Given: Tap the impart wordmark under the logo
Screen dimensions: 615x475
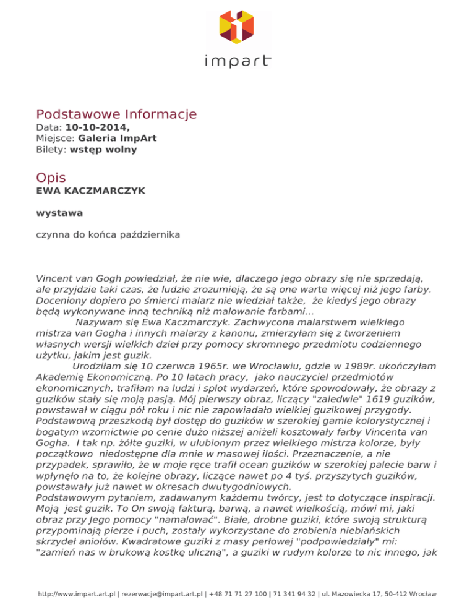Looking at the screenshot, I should (238, 61).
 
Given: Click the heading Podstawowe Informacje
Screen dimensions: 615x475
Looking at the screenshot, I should (116, 114).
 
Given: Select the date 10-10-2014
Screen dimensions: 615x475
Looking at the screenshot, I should (97, 128).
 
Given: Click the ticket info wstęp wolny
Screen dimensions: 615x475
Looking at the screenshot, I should (103, 149).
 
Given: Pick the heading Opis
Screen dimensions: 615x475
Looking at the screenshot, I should (51, 178).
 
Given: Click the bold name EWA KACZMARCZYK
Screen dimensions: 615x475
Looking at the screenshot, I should (91, 191).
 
